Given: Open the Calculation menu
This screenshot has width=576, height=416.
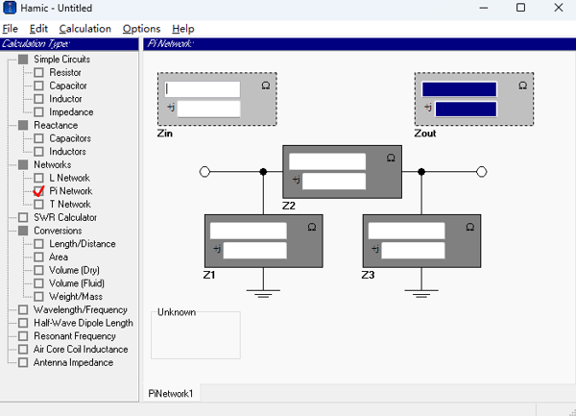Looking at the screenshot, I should (84, 29).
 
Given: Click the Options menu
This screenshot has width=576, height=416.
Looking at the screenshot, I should (141, 29).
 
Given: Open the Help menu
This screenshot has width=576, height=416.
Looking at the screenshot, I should (182, 29).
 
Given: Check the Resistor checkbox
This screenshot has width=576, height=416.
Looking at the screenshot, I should (38, 73).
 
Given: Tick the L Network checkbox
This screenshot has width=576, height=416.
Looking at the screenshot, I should (38, 178).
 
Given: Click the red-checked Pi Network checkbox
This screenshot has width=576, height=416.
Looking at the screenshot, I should (38, 191).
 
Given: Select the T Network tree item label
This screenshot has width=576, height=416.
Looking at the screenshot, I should (70, 205).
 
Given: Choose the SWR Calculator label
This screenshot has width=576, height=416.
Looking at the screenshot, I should (65, 217).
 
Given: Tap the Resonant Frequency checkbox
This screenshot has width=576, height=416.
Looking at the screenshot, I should (23, 336).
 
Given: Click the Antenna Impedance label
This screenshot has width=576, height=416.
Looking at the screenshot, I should (73, 362).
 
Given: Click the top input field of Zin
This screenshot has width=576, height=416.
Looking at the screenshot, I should (202, 89).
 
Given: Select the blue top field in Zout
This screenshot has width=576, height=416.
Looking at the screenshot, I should (459, 89).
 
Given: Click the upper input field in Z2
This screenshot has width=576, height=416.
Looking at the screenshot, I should (326, 161).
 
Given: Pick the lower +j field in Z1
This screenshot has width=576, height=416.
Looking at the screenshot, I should (254, 250).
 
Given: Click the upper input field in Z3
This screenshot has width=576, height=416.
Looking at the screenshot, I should (406, 231).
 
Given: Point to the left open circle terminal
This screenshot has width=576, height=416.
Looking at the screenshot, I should (204, 172).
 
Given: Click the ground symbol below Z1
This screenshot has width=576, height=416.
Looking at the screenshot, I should (263, 287).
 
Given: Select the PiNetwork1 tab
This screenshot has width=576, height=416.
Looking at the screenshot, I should (170, 393).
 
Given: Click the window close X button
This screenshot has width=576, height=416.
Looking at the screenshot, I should (554, 9).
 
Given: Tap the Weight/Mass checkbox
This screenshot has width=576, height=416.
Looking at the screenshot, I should (38, 297).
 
